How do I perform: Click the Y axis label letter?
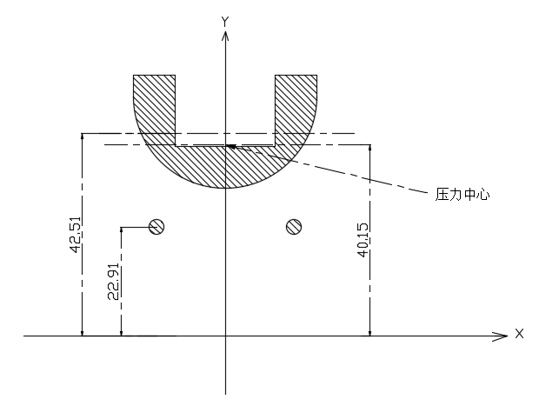pos(225,22)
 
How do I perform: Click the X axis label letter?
pos(519,334)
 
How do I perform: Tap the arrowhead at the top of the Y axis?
pos(225,36)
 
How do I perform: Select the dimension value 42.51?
pos(76,235)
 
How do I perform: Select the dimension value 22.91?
pos(114,282)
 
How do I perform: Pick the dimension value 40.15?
pos(363,240)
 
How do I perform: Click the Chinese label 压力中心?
pos(462,195)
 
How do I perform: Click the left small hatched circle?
pos(156,227)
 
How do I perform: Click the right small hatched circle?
pos(294,227)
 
